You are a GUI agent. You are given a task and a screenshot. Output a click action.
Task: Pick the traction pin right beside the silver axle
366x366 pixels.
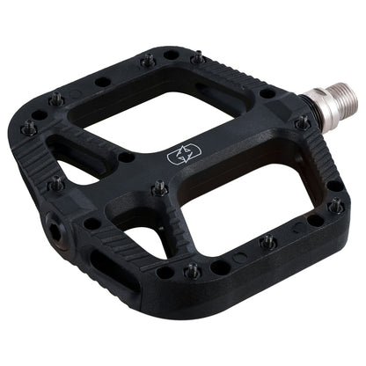[302, 123]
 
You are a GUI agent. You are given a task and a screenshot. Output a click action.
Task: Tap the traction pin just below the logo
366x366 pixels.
[160, 188]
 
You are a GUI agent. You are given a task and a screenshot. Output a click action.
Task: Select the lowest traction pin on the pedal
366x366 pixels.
[193, 272]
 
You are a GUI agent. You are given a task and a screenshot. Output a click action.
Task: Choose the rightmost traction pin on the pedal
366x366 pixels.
[335, 207]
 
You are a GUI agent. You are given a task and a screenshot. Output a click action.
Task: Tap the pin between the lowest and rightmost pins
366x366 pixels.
[268, 241]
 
